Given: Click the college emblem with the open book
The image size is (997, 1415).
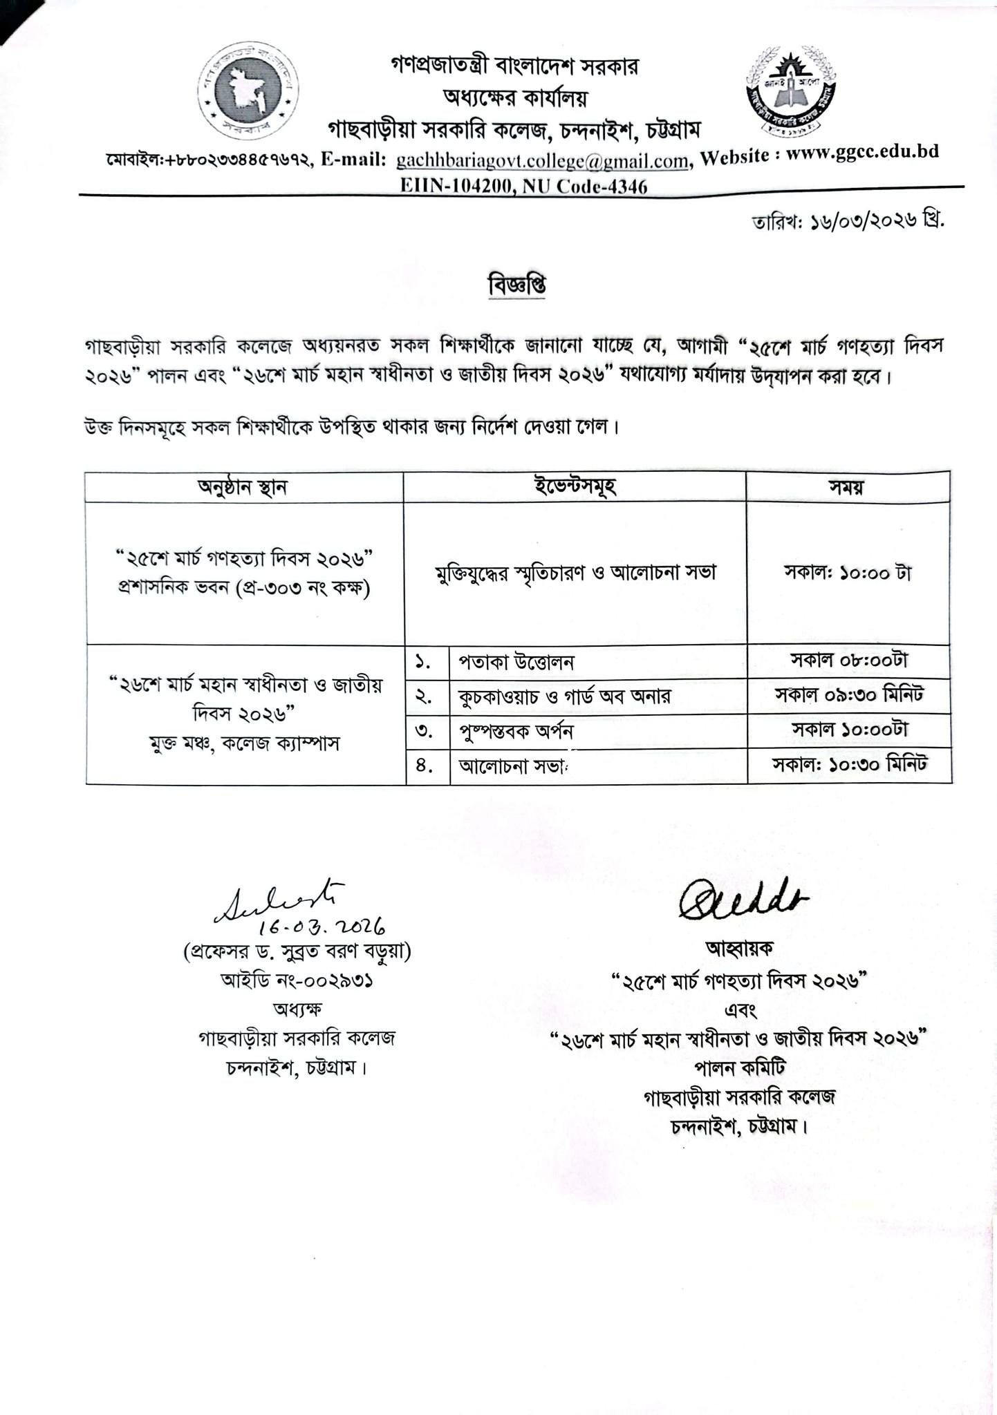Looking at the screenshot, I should (791, 90).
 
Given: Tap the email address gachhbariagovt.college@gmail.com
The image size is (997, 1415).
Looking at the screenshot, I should (542, 161).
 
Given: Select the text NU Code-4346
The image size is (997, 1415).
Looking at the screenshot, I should (590, 187).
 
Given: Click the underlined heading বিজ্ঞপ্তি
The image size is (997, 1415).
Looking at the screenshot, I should (516, 285).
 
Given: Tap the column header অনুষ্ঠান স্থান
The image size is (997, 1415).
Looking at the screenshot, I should (243, 487).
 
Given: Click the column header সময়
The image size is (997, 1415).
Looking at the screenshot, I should (848, 487).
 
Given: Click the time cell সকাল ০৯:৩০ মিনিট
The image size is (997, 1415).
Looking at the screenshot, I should (849, 695).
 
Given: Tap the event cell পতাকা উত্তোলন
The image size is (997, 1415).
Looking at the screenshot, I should (516, 662).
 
